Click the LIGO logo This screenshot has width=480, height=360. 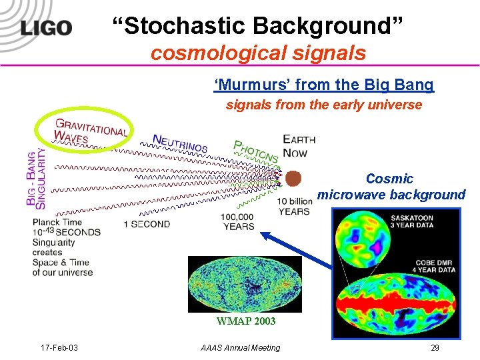coord(45,27)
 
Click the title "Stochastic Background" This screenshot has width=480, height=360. coord(257,26)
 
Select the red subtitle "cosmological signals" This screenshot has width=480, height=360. coord(258,53)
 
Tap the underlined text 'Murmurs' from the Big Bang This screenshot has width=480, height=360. coord(323,85)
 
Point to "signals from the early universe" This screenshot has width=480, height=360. coord(323,105)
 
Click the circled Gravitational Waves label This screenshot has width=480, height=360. coord(84,129)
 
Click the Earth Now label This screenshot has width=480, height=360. coord(299,145)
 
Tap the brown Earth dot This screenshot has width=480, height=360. coord(293,178)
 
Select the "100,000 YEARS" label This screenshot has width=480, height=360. coord(238,221)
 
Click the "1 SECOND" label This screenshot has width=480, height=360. coord(147,224)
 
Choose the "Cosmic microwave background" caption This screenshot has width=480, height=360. coord(391,187)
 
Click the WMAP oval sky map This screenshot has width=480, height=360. coord(245,284)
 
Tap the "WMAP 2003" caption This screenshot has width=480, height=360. coord(245,321)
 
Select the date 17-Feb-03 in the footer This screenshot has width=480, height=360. coord(59,347)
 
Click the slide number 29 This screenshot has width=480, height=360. coord(435,347)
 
